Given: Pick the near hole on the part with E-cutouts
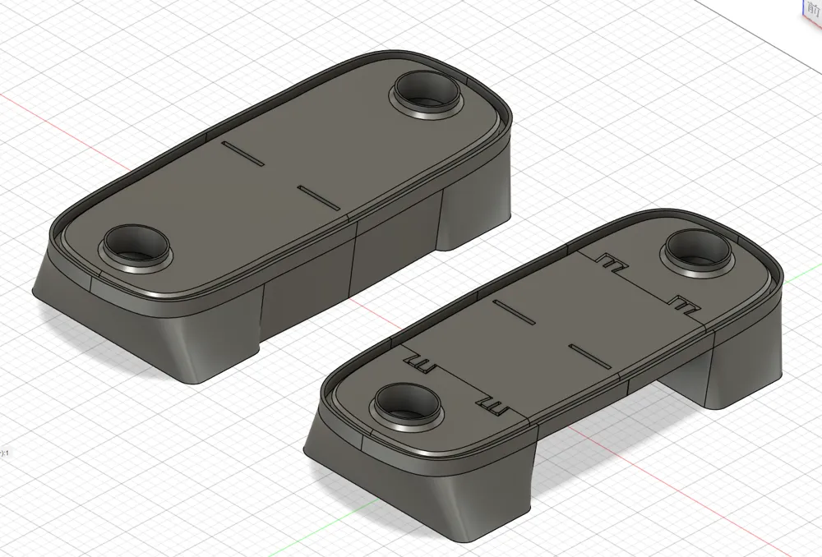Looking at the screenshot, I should coord(408,403).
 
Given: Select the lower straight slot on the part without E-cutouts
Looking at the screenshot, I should coord(318,196).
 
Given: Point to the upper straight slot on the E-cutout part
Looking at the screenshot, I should coord(514,312).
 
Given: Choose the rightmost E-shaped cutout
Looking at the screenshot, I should coord(685,305).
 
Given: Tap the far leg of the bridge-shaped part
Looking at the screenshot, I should coord(740,361).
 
